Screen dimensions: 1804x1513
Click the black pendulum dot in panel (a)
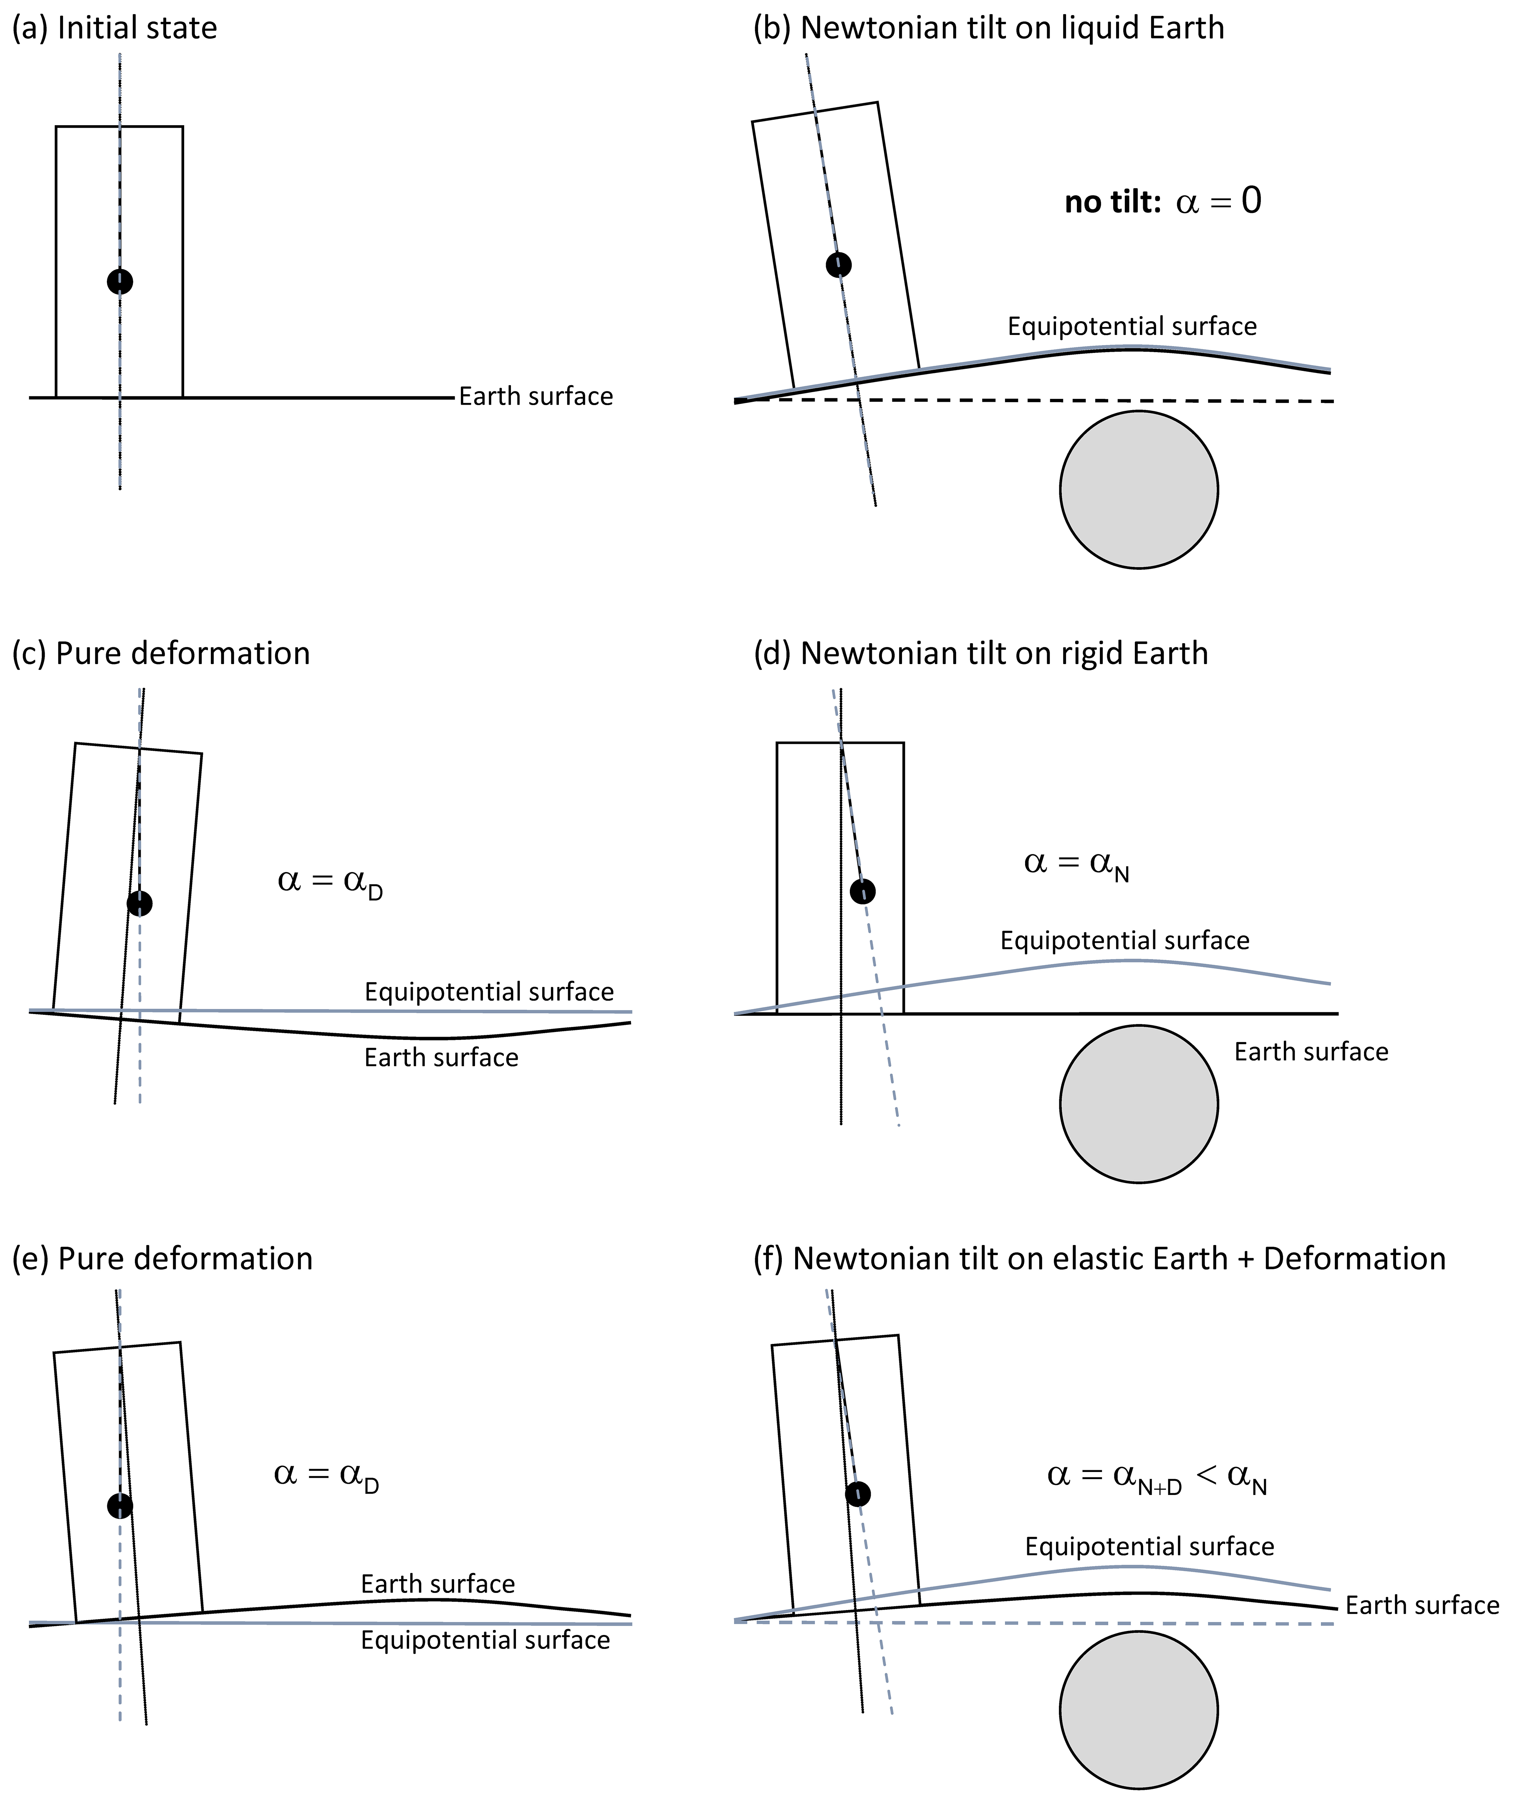click(120, 281)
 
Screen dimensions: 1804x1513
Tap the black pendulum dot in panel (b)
click(839, 265)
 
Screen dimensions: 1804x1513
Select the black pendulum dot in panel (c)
click(139, 903)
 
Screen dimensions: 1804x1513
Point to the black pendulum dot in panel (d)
click(862, 891)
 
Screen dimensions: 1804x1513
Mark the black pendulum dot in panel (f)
click(857, 1494)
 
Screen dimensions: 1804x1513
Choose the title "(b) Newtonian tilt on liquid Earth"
click(988, 28)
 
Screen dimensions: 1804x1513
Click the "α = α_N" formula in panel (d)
click(1077, 863)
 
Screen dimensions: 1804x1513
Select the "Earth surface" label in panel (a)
click(536, 397)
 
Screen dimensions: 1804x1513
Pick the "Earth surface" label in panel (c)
click(441, 1058)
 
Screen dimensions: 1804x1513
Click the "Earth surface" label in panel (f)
click(1422, 1605)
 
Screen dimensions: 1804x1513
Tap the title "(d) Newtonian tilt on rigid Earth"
click(980, 654)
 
